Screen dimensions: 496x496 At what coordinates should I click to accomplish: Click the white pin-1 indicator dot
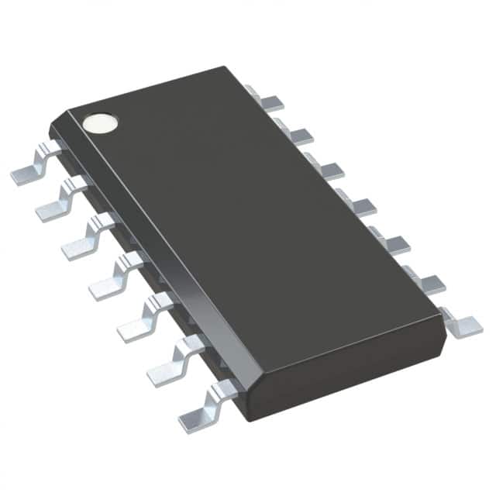(102, 122)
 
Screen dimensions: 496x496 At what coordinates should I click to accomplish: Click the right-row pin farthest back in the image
(267, 100)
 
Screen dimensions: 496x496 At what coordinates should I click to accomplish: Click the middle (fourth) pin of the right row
(358, 207)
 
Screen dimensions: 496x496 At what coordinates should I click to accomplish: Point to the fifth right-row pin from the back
(392, 245)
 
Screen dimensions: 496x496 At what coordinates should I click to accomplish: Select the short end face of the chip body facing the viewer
(349, 372)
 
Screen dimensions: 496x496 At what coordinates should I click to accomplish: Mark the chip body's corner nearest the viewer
(246, 418)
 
